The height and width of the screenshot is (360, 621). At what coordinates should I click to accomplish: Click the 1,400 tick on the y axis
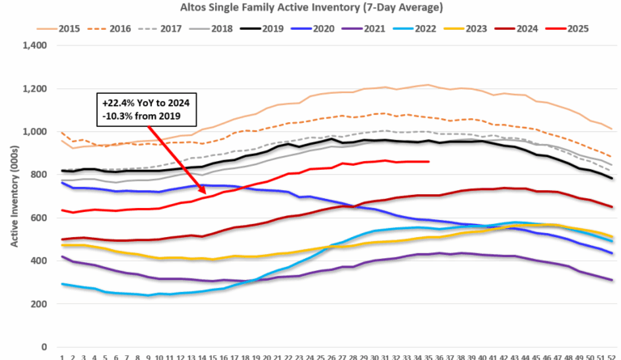point(36,45)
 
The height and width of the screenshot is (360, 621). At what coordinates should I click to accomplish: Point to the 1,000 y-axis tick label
point(36,132)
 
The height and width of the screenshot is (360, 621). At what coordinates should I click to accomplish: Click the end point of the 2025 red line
point(429,162)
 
